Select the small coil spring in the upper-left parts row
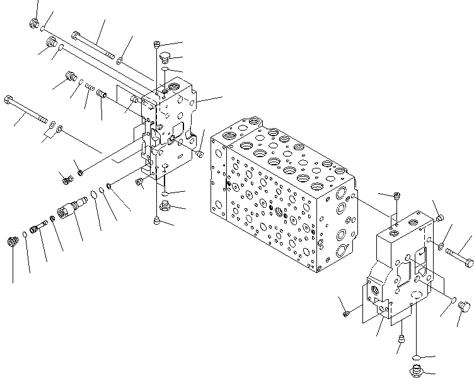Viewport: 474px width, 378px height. (90, 87)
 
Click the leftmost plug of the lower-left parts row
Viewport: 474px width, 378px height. (11, 242)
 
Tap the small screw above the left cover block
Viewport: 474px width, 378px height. (156, 44)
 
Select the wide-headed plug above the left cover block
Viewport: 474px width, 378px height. (165, 59)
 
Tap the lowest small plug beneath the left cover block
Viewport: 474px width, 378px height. (156, 220)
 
